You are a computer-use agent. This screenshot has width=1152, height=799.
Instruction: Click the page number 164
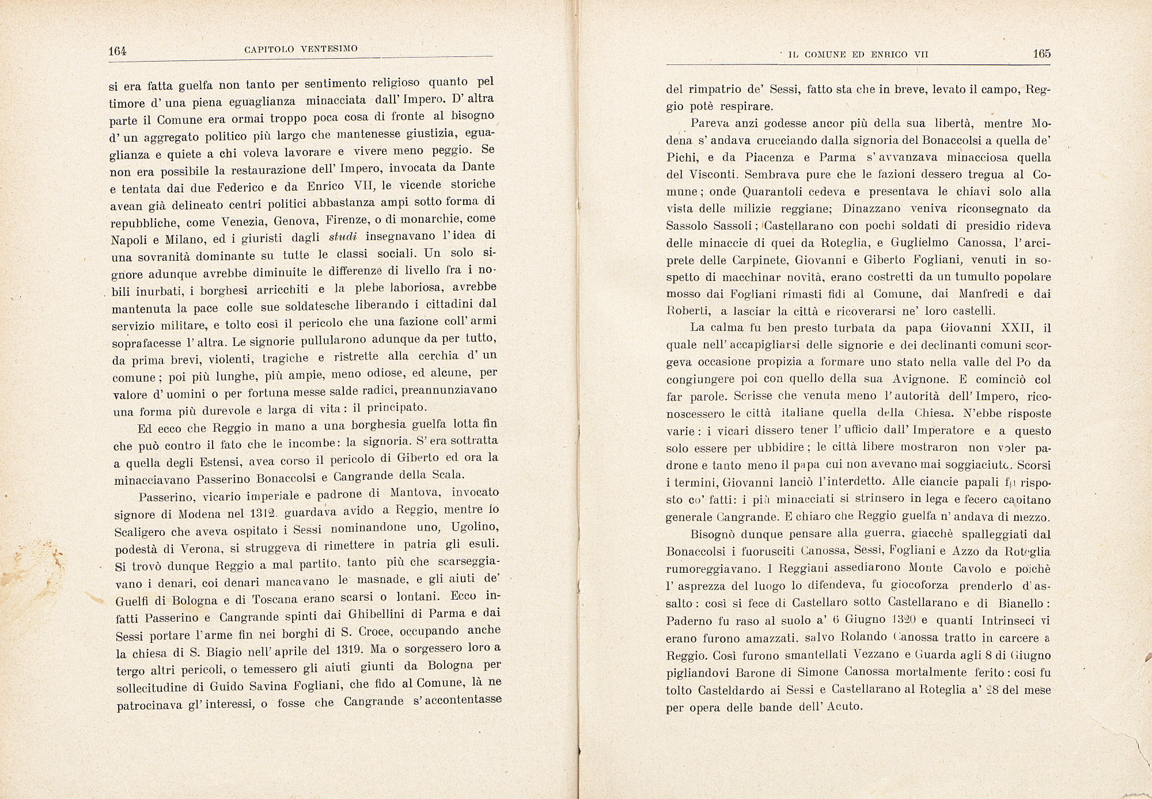[x=118, y=51]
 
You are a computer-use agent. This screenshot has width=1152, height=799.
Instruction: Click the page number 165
[x=1041, y=54]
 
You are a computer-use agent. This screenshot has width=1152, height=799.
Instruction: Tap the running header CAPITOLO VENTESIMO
[x=301, y=49]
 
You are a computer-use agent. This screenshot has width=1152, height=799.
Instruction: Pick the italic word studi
[x=343, y=237]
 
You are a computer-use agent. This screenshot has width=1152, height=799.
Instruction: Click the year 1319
[x=347, y=650]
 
